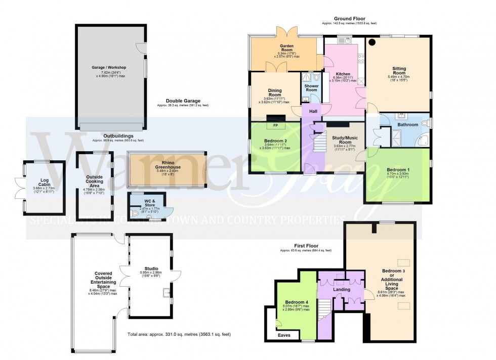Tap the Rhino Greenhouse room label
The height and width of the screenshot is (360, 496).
point(168,164)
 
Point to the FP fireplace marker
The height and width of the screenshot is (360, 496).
point(276,125)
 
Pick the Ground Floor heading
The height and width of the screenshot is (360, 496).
point(349,19)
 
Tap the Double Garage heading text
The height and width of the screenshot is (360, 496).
point(182,101)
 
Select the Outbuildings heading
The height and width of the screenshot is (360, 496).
point(118,136)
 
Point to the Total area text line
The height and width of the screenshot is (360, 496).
point(181,335)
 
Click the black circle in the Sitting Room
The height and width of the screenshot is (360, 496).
point(373,42)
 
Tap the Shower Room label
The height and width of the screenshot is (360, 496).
point(311,87)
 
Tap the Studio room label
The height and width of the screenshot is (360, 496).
point(151,268)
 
